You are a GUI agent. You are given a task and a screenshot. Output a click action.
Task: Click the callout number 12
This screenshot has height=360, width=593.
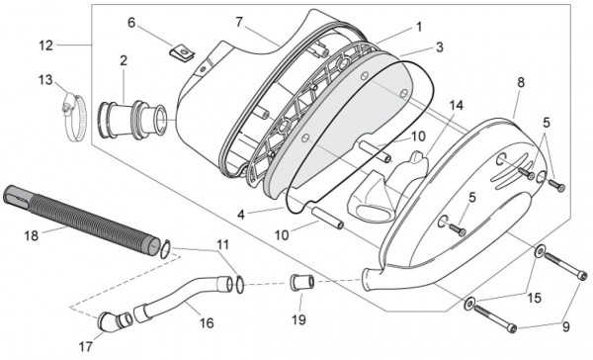tap(45, 45)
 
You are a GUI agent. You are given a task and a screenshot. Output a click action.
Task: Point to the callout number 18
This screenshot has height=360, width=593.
tap(31, 235)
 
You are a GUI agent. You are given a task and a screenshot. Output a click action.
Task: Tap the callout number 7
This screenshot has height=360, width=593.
tap(238, 22)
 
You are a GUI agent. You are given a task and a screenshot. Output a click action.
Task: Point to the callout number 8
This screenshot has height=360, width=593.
tap(521, 84)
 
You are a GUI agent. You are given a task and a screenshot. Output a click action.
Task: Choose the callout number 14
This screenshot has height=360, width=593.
tap(455, 105)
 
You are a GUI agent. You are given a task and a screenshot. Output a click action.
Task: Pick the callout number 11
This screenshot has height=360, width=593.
tap(222, 244)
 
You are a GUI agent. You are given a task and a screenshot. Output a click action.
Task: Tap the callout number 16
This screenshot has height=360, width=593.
tap(206, 322)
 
